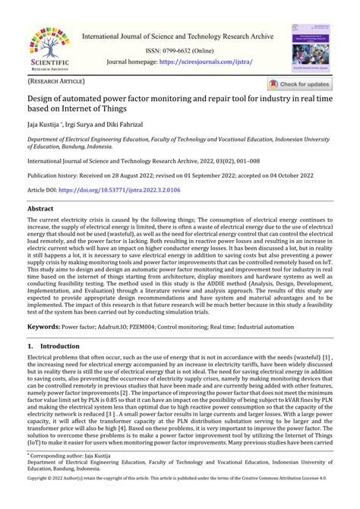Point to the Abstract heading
click(40, 208)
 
